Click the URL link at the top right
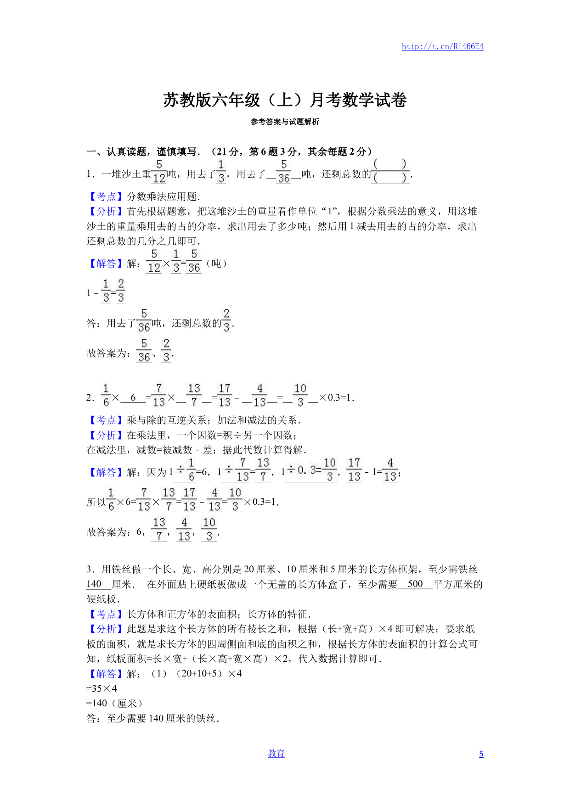coord(442,46)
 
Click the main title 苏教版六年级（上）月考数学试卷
coord(285,100)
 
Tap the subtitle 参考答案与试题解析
coord(285,122)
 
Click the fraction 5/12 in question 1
coord(159,172)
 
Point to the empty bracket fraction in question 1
coord(390,171)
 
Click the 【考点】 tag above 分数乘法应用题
coord(106,197)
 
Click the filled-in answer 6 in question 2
coord(133,397)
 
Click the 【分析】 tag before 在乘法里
coord(106,435)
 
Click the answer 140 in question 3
coord(94,584)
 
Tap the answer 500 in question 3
coord(415,584)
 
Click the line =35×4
coord(102,688)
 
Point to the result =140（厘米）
coord(114,704)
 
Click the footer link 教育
coord(276,753)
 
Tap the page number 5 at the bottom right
coord(481,754)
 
